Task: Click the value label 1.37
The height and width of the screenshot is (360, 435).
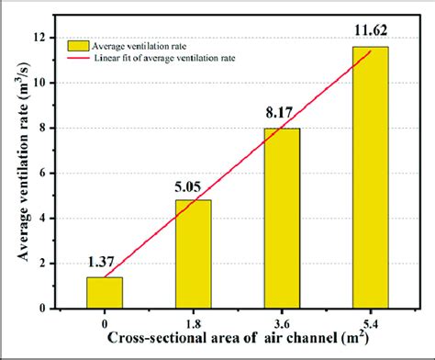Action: (x=103, y=264)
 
